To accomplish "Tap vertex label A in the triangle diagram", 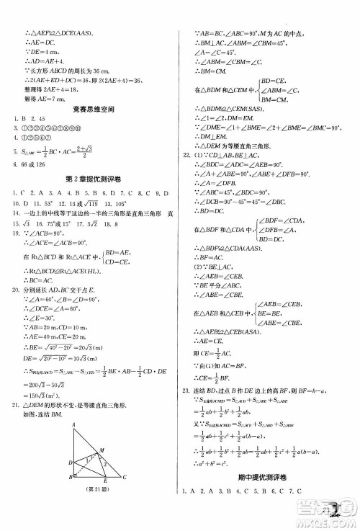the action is tap(74, 424).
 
